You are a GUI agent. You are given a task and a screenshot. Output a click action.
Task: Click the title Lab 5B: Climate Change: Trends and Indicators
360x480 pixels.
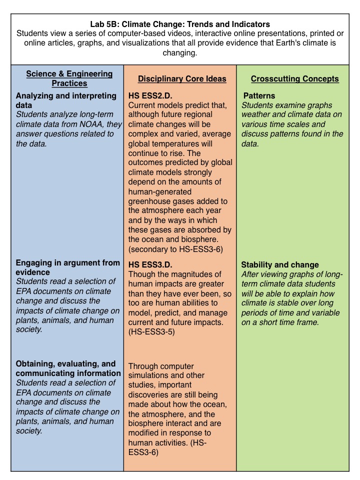click(x=179, y=23)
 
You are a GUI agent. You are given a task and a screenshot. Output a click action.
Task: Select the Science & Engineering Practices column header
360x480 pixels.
click(x=69, y=78)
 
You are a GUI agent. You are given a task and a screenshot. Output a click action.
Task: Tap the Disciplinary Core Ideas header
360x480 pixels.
click(x=182, y=79)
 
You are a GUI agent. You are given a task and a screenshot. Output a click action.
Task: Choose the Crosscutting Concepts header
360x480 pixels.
click(x=295, y=79)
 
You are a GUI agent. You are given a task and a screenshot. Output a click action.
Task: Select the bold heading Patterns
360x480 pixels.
click(x=259, y=95)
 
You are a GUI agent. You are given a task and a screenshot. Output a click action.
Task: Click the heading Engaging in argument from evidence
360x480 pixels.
click(x=67, y=267)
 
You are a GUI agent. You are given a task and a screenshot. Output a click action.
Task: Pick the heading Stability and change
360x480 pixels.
click(x=280, y=264)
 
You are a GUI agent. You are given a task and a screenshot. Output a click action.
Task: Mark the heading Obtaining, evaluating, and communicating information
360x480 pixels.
click(x=68, y=368)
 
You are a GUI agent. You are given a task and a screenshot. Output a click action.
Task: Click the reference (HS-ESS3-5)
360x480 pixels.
click(x=151, y=331)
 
